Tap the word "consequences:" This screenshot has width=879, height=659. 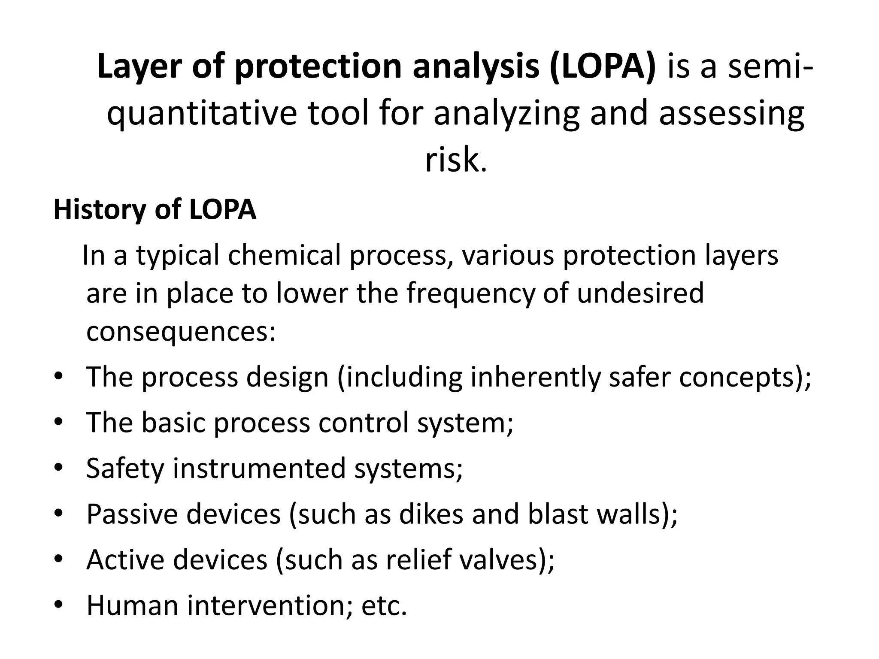[x=181, y=332]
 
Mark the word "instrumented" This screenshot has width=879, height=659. [x=259, y=468]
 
